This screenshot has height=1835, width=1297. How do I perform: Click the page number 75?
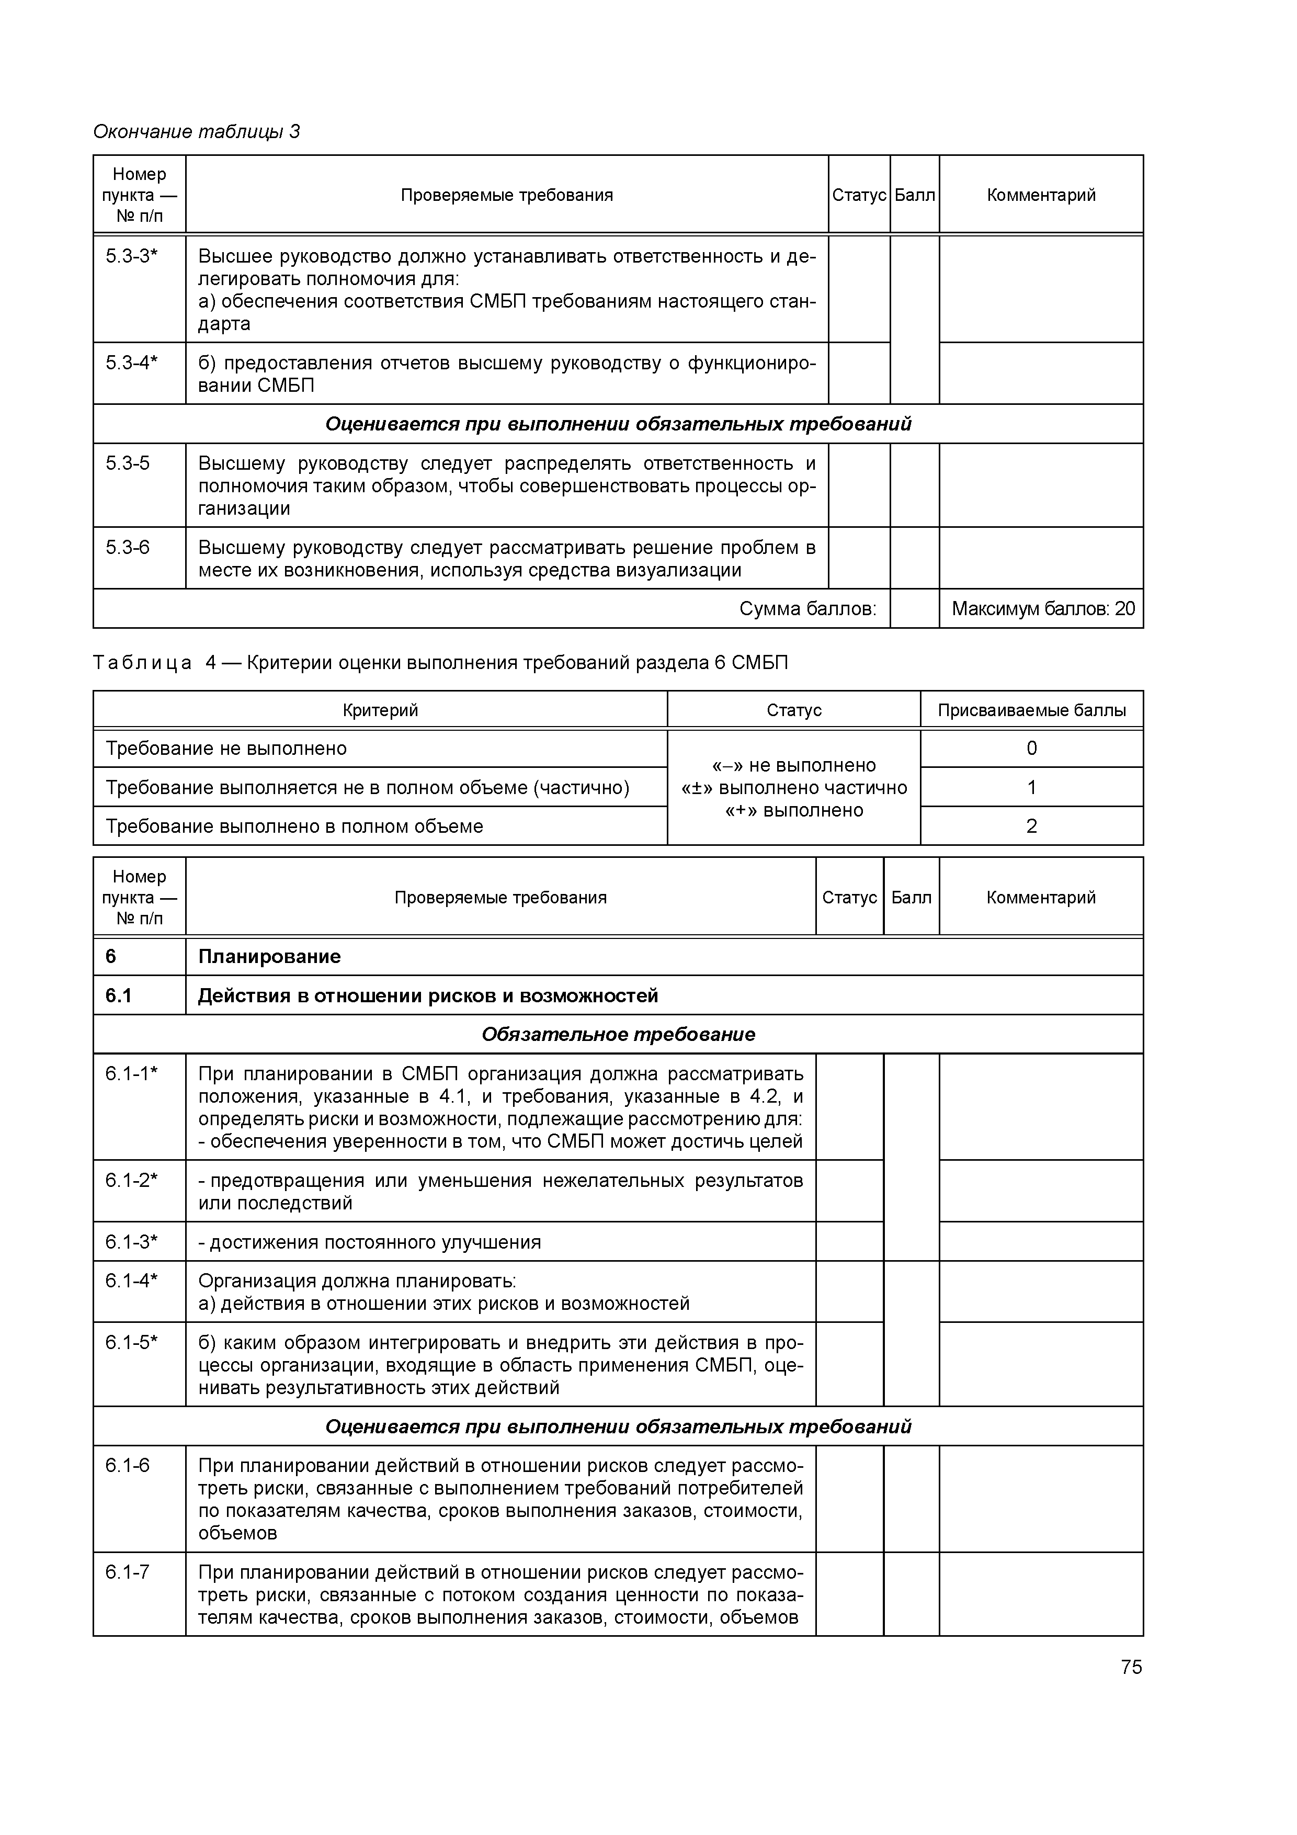1131,1667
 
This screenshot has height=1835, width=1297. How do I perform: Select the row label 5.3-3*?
132,256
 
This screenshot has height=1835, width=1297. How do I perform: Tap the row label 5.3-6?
128,548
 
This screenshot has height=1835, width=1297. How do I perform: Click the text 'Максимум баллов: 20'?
1042,609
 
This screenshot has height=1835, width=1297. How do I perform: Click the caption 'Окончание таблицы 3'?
197,131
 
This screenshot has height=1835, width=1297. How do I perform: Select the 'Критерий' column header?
380,710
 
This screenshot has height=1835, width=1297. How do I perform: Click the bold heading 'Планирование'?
269,957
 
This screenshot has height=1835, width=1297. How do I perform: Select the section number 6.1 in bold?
118,996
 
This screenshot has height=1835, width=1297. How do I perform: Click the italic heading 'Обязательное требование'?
618,1034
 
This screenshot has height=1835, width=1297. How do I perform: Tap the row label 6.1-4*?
132,1281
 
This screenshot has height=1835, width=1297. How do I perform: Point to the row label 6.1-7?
128,1571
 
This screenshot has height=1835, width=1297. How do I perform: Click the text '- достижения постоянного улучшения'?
370,1241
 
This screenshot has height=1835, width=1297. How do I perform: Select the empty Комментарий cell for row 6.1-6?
1041,1499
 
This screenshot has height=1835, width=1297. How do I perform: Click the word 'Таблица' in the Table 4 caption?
142,663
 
